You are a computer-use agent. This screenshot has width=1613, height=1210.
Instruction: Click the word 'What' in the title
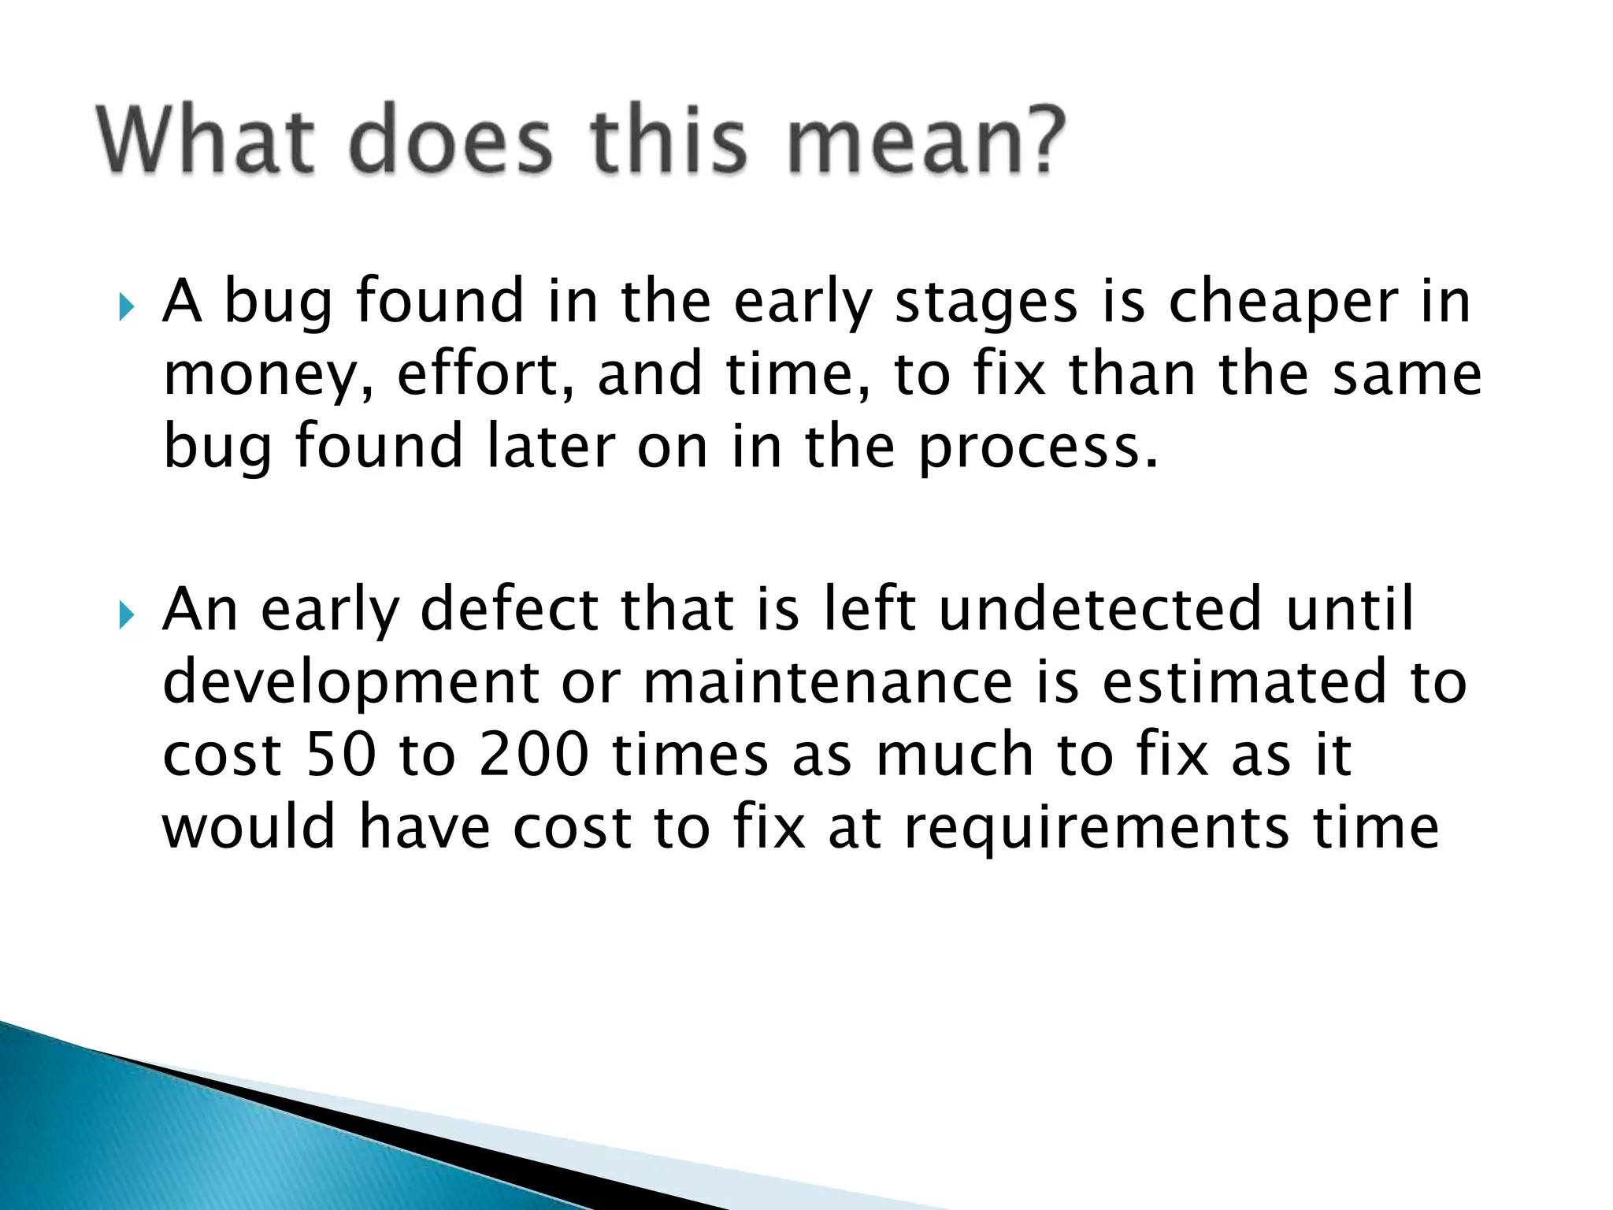point(206,142)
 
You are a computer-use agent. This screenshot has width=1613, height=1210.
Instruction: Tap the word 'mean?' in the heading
point(926,142)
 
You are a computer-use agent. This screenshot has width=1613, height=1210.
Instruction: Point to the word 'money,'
point(268,377)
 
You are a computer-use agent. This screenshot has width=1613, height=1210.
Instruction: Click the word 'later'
point(549,447)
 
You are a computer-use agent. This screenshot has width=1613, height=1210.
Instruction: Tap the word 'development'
point(350,684)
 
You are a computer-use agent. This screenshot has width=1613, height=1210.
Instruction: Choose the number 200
point(534,755)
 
